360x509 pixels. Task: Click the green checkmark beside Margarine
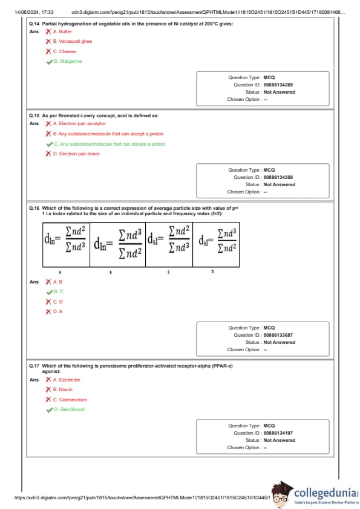pyautogui.click(x=50, y=62)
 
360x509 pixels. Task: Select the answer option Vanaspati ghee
pyautogui.click(x=73, y=41)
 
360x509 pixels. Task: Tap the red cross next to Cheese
pyautogui.click(x=48, y=51)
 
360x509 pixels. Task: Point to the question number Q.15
pyautogui.click(x=34, y=115)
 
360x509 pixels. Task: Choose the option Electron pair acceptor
pyautogui.click(x=79, y=123)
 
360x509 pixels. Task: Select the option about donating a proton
pyautogui.click(x=110, y=144)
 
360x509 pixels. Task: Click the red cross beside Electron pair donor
pyautogui.click(x=48, y=154)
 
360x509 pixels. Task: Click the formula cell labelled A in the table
pyautogui.click(x=67, y=244)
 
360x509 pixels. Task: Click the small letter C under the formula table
pyautogui.click(x=169, y=271)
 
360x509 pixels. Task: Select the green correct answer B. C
pyautogui.click(x=59, y=291)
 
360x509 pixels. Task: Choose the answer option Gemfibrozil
pyautogui.click(x=69, y=409)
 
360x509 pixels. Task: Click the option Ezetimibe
pyautogui.click(x=67, y=380)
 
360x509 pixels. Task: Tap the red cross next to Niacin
pyautogui.click(x=48, y=389)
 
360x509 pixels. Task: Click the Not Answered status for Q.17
pyautogui.click(x=280, y=440)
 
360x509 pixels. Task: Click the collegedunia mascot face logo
pyautogui.click(x=281, y=494)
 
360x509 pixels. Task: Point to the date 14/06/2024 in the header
pyautogui.click(x=27, y=12)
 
